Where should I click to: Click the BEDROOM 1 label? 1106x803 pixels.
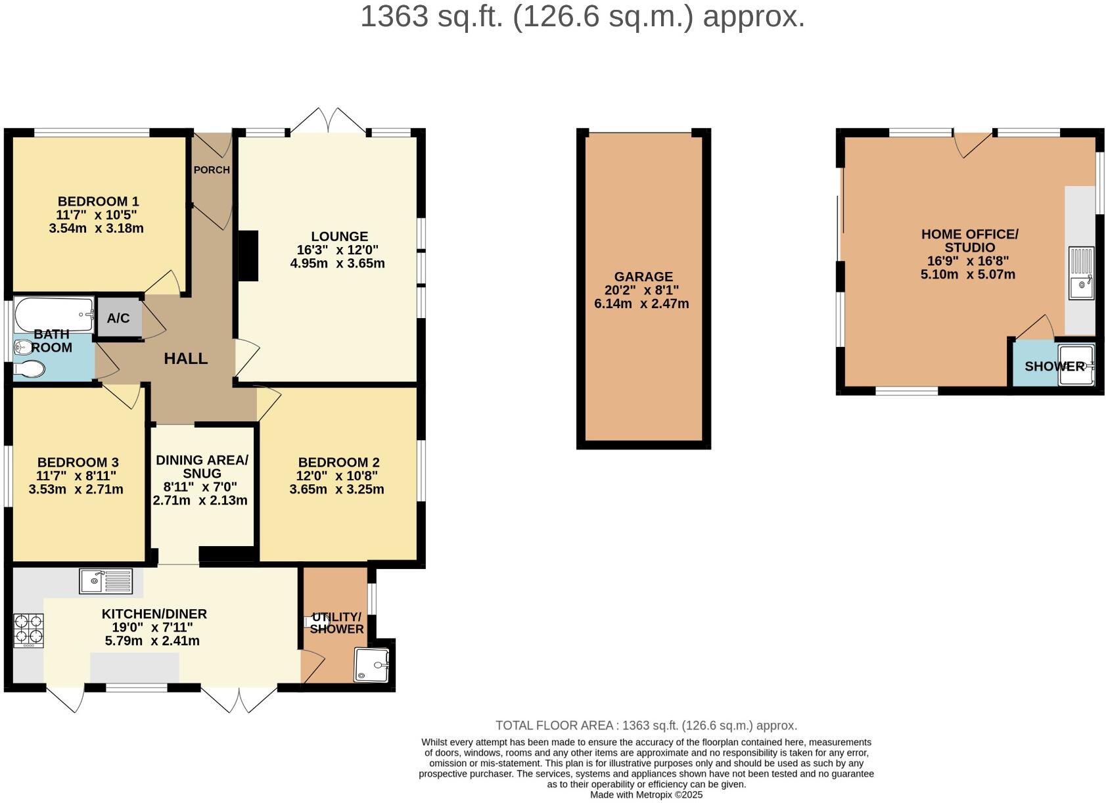click(x=98, y=202)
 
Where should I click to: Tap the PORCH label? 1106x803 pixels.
click(x=212, y=170)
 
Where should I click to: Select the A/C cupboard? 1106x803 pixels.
click(x=119, y=318)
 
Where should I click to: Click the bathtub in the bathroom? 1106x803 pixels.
click(x=55, y=315)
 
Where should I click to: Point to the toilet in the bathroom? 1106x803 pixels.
click(x=28, y=369)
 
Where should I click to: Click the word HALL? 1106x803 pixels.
click(x=185, y=359)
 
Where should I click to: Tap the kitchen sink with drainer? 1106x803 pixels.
click(x=106, y=581)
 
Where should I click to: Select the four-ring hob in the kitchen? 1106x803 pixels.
click(x=28, y=630)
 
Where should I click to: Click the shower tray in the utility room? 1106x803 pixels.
click(x=371, y=664)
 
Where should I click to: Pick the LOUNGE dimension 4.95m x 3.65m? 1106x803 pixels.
click(x=337, y=264)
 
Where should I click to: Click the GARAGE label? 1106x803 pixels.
click(x=643, y=277)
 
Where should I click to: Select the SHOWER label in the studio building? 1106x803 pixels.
click(x=1054, y=367)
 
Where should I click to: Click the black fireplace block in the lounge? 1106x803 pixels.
click(x=248, y=256)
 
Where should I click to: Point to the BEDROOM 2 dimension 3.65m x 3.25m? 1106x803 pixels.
click(x=336, y=490)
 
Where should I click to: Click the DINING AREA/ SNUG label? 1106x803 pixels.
click(x=202, y=467)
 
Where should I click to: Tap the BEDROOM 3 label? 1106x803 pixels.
click(x=78, y=463)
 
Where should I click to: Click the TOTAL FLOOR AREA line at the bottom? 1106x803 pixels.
click(x=646, y=725)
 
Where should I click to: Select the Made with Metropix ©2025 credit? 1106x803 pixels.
click(x=646, y=794)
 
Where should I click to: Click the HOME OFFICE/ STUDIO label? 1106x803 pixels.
click(x=969, y=241)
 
